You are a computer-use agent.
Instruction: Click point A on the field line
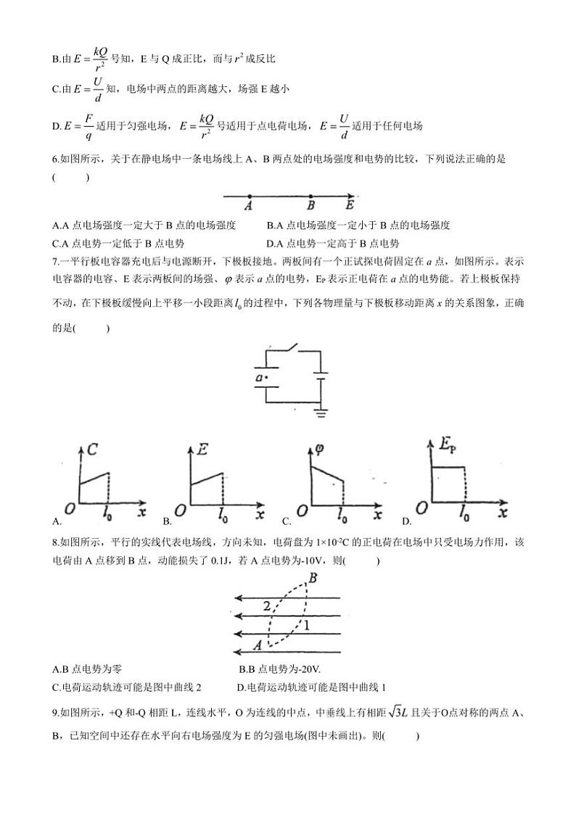click(x=250, y=196)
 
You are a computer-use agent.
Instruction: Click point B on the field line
click(x=310, y=196)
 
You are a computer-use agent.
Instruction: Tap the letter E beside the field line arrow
click(x=349, y=206)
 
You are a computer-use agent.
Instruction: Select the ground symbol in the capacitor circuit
click(x=320, y=413)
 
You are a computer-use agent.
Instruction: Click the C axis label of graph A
click(x=91, y=450)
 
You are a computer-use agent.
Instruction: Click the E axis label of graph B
click(x=203, y=450)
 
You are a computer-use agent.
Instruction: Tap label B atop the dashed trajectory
click(x=313, y=578)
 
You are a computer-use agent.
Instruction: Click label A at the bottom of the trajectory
click(x=257, y=643)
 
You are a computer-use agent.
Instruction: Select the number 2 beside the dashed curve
click(x=267, y=605)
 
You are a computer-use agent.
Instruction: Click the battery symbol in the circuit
click(x=319, y=379)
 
